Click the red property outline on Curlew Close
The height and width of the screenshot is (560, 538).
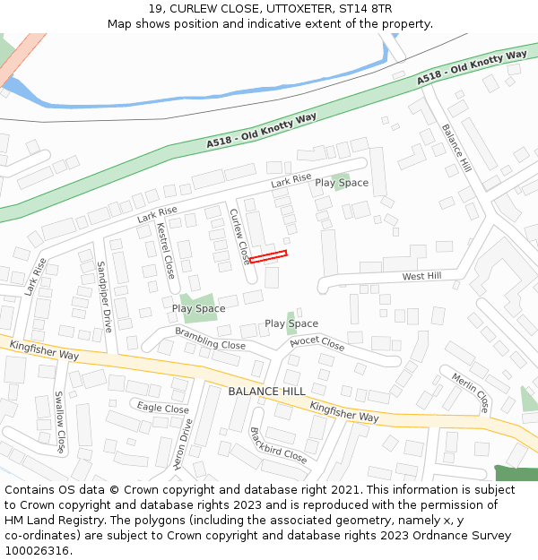pyautogui.click(x=268, y=257)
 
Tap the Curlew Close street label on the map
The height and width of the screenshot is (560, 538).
pyautogui.click(x=239, y=237)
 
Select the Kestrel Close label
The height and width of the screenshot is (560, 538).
pyautogui.click(x=165, y=251)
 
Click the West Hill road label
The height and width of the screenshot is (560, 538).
pyautogui.click(x=421, y=277)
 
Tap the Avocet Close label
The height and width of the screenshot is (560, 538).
pyautogui.click(x=317, y=344)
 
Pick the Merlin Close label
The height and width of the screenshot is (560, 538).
pyautogui.click(x=471, y=387)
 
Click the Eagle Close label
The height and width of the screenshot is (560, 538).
pyautogui.click(x=163, y=409)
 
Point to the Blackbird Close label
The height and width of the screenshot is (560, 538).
pyautogui.click(x=278, y=444)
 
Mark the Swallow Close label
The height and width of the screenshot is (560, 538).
pyautogui.click(x=60, y=422)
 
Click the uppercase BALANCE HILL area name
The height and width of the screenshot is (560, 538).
pyautogui.click(x=266, y=392)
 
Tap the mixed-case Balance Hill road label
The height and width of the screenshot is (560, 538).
pyautogui.click(x=456, y=148)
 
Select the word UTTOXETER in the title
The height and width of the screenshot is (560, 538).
pyautogui.click(x=266, y=8)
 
